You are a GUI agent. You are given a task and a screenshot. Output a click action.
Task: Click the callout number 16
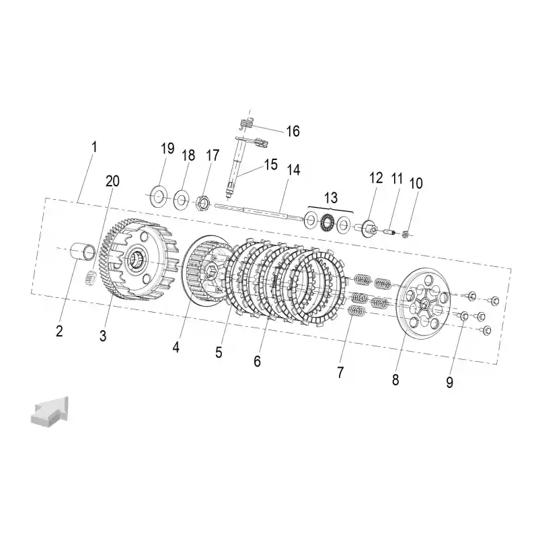point(293,131)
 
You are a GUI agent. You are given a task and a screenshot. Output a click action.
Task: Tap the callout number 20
point(112,181)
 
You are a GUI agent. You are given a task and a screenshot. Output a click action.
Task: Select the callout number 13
point(330,198)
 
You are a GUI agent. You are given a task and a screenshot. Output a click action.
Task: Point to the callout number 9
point(449,382)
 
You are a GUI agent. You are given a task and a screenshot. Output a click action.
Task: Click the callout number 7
point(340,373)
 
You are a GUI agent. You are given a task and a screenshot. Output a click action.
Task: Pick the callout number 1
point(94,147)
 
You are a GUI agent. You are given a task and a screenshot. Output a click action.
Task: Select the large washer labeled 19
point(159,196)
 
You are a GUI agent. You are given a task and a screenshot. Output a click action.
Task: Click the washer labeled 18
point(181,199)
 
